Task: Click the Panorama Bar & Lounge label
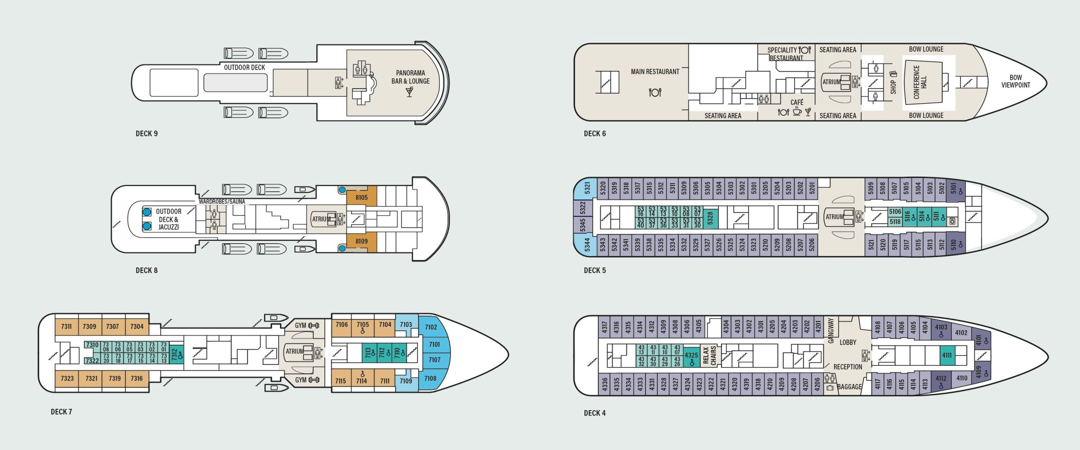(x=410, y=77)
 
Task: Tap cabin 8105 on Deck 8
(x=362, y=198)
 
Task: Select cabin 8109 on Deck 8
(x=362, y=241)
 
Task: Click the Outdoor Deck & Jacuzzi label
(x=168, y=219)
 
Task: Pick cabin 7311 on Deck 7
(x=67, y=326)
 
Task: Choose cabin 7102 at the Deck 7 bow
(x=431, y=327)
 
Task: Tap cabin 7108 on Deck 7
(x=430, y=378)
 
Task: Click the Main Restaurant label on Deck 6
(x=655, y=72)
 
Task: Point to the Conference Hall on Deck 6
(x=920, y=82)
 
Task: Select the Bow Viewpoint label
(x=1016, y=81)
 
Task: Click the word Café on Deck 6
(x=797, y=102)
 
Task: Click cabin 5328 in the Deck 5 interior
(x=710, y=219)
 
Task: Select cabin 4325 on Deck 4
(x=691, y=356)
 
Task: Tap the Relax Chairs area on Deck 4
(x=709, y=355)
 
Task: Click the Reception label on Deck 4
(x=848, y=367)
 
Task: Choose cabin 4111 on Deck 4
(x=947, y=355)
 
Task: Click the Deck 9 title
(x=147, y=133)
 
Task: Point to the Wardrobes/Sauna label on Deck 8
(x=222, y=202)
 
